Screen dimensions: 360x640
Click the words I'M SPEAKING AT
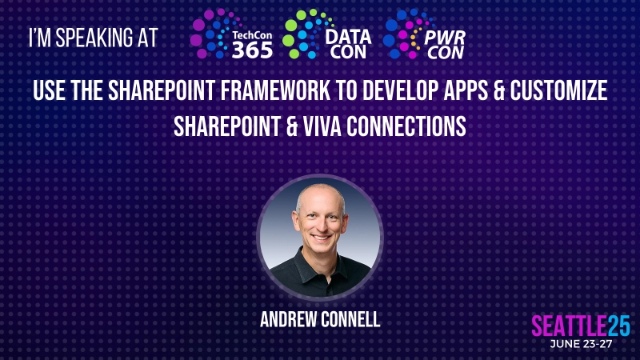pyautogui.click(x=93, y=38)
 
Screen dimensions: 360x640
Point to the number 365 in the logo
pyautogui.click(x=252, y=49)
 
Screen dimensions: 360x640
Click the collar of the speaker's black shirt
pyautogui.click(x=320, y=258)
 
